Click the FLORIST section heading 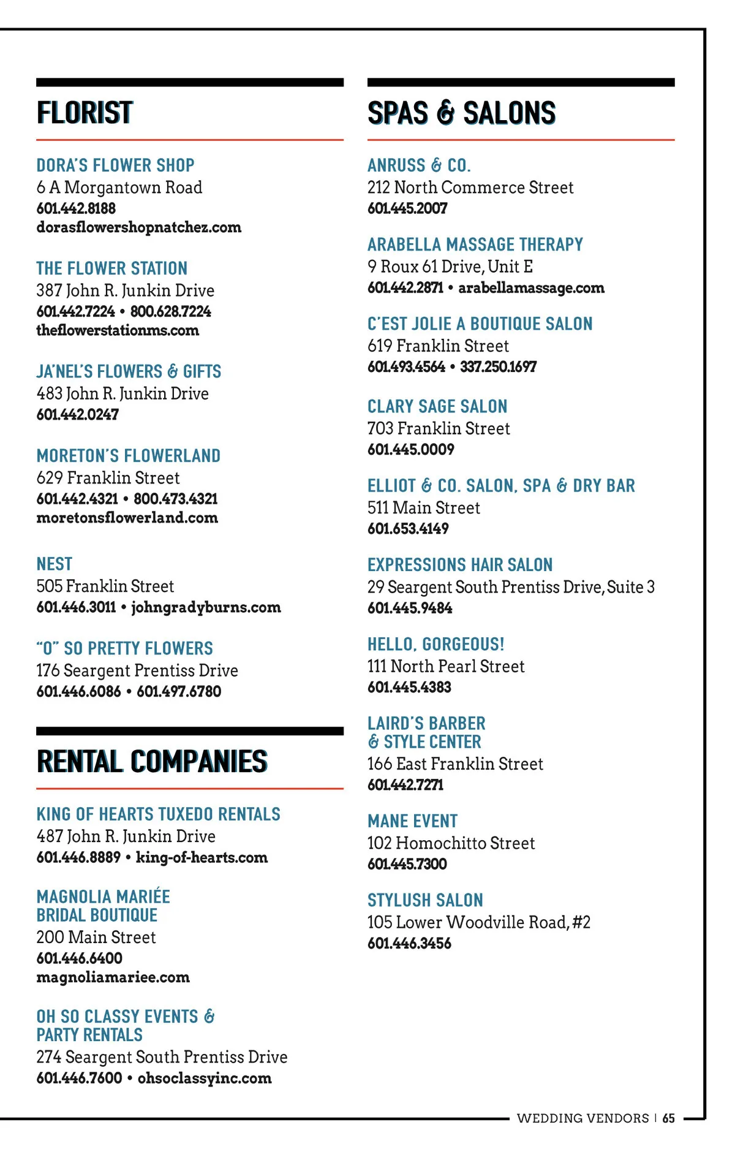(85, 113)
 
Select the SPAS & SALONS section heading (461, 113)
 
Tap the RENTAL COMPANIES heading (152, 762)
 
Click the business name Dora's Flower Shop (115, 165)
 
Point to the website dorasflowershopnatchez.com (138, 227)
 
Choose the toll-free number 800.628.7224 (171, 311)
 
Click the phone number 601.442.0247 (78, 415)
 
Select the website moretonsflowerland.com (127, 518)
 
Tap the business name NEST (55, 564)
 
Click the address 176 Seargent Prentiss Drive (137, 670)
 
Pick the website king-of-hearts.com (202, 857)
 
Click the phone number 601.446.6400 (80, 958)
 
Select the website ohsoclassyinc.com (205, 1079)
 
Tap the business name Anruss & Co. (419, 165)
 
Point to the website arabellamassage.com (531, 288)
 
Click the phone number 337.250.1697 (498, 367)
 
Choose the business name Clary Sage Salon (437, 406)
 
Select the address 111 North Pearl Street (446, 666)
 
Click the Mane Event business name (412, 821)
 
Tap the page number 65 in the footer (668, 1118)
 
